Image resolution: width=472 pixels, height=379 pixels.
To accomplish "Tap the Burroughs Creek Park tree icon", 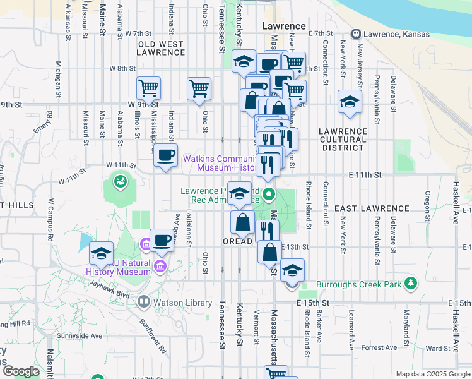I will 411,283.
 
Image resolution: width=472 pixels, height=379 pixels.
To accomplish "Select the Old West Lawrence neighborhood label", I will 161,49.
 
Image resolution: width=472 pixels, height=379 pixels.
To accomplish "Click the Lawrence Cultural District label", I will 343,139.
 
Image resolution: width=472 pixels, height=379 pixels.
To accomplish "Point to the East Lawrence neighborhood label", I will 372,208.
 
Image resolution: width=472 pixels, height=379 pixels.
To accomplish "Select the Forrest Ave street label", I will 380,347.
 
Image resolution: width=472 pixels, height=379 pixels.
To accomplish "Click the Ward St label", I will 437,347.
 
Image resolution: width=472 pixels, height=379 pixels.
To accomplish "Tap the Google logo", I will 21,371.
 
